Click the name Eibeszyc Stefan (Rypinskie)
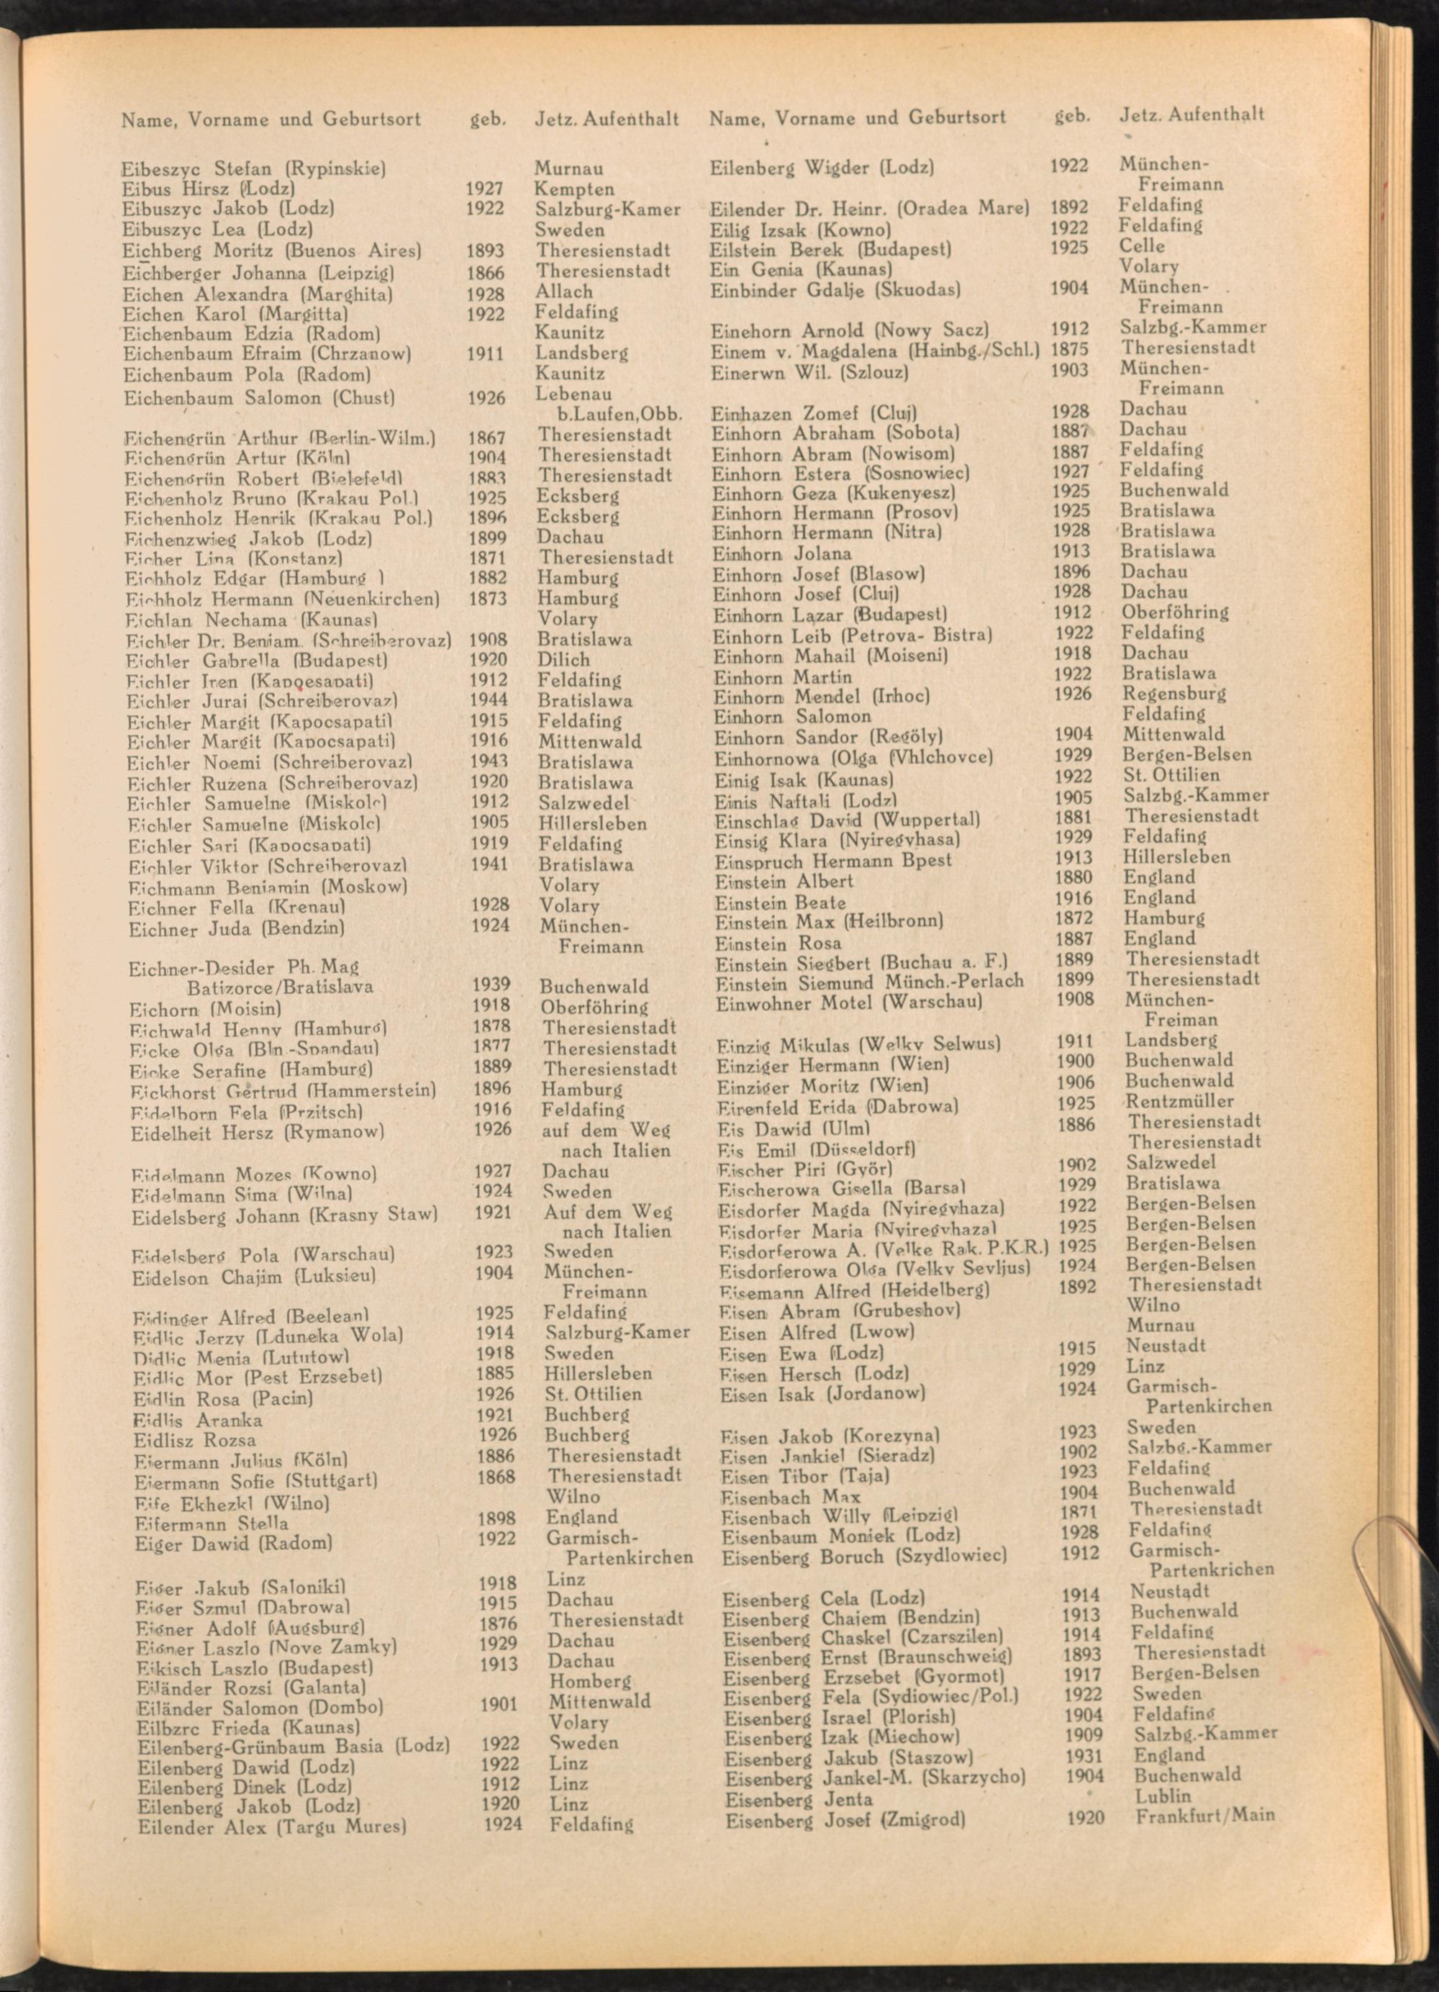(255, 168)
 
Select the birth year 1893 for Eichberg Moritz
(486, 250)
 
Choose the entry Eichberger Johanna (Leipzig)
(258, 271)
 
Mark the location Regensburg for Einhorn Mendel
(1174, 694)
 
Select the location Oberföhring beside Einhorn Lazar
(1175, 612)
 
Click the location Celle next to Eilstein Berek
(1141, 246)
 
